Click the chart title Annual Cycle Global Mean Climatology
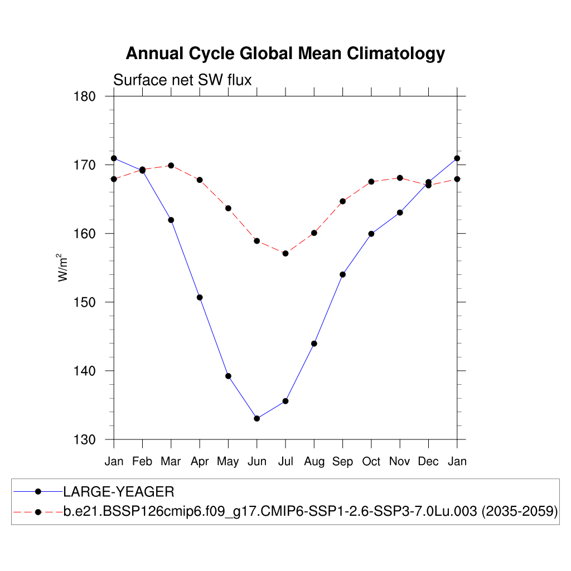285,54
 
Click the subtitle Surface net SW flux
182,80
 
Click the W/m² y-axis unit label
64,268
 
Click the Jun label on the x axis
257,462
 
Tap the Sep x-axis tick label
342,462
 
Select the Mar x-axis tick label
171,462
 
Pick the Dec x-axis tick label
428,462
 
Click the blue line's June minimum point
257,418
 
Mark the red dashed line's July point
285,253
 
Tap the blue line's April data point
200,297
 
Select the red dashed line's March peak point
171,166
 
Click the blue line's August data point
314,343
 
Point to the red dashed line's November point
400,178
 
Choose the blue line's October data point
371,234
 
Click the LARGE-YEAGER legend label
119,492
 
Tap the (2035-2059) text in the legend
520,511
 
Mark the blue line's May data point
228,376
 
